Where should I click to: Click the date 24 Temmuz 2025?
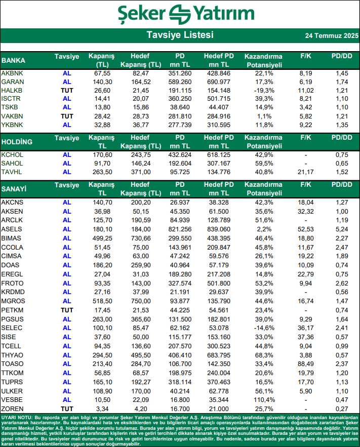(332, 36)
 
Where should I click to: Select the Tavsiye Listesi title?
(180, 35)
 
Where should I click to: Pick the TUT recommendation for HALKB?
(67, 90)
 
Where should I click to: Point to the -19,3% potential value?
(262, 90)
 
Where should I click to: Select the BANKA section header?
(14, 60)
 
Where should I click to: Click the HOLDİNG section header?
(17, 142)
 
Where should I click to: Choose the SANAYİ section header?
(14, 189)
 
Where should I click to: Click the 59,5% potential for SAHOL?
(262, 164)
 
